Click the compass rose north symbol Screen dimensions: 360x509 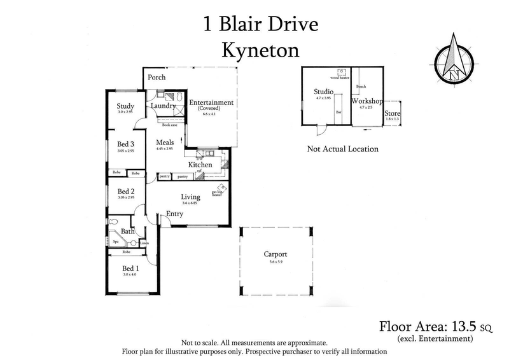(x=454, y=59)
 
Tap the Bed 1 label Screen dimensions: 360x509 (x=130, y=268)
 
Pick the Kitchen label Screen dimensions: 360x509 (x=199, y=165)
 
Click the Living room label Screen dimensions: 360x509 (x=190, y=197)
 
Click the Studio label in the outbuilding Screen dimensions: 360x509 (x=324, y=92)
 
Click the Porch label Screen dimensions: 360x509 (x=157, y=78)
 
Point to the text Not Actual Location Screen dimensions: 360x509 (x=342, y=149)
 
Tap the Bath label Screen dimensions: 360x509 (x=128, y=232)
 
